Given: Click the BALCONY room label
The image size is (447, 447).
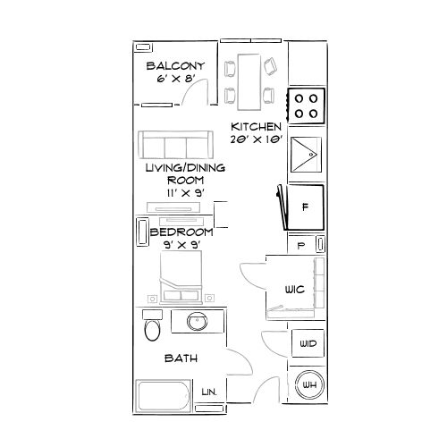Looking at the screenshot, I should coord(175,65).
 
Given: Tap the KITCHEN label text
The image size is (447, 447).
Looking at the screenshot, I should coord(257,127).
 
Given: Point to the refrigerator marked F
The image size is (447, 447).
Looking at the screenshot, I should coord(305,207).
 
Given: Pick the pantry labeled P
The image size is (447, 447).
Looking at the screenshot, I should coord(301,243).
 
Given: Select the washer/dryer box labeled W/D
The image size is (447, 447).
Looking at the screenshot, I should coord(308,343).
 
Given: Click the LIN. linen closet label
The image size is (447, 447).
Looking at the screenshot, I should coord(210,391).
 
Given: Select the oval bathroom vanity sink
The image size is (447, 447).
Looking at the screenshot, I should coord(197,322).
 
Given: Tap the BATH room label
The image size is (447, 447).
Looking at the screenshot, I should coord(181,358).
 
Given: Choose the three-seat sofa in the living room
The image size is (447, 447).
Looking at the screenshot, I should coord(175,145).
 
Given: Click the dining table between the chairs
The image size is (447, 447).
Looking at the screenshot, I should coord(249,79).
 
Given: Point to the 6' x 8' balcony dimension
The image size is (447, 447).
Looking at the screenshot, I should coord(174,78).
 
